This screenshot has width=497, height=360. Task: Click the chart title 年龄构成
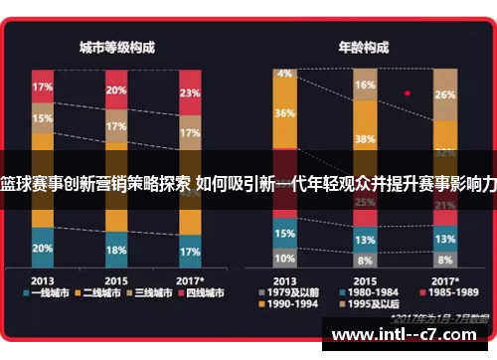tap(363, 47)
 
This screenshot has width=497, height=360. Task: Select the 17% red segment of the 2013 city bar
tap(43, 87)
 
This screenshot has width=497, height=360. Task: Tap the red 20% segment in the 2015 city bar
tap(116, 91)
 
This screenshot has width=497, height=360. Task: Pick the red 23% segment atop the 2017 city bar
tap(189, 94)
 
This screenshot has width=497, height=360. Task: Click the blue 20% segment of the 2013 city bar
tap(43, 248)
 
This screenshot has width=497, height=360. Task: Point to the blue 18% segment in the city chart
tap(116, 250)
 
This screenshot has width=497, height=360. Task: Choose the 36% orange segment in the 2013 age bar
tap(286, 113)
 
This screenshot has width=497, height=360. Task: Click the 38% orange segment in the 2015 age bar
tap(365, 139)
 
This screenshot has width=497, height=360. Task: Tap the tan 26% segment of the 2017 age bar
tap(445, 95)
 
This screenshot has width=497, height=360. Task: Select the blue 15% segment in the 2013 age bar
tap(286, 233)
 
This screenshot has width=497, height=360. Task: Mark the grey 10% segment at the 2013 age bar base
tap(286, 257)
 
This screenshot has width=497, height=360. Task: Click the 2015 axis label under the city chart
tap(116, 278)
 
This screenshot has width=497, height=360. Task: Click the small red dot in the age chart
tap(407, 92)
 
